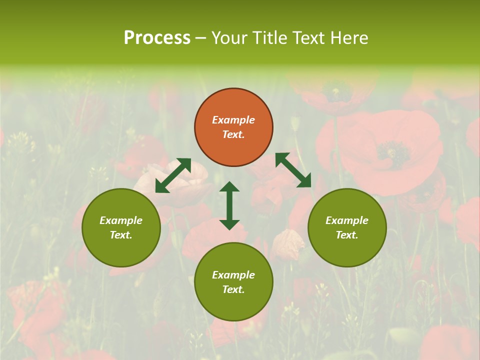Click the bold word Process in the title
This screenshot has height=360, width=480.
click(157, 38)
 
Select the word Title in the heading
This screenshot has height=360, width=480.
click(273, 38)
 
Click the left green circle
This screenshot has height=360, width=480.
click(121, 227)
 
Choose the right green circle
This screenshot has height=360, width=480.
click(347, 227)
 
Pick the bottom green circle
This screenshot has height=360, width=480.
click(233, 282)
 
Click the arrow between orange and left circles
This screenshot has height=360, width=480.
click(173, 175)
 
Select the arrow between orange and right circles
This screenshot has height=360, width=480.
click(293, 170)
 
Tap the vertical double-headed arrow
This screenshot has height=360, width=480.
click(229, 205)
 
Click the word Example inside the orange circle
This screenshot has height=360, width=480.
click(233, 120)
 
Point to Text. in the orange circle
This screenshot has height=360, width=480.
click(233, 134)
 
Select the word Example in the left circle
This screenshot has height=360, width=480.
click(121, 220)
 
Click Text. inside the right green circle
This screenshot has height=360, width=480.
click(347, 235)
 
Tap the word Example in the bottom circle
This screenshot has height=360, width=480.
click(233, 275)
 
